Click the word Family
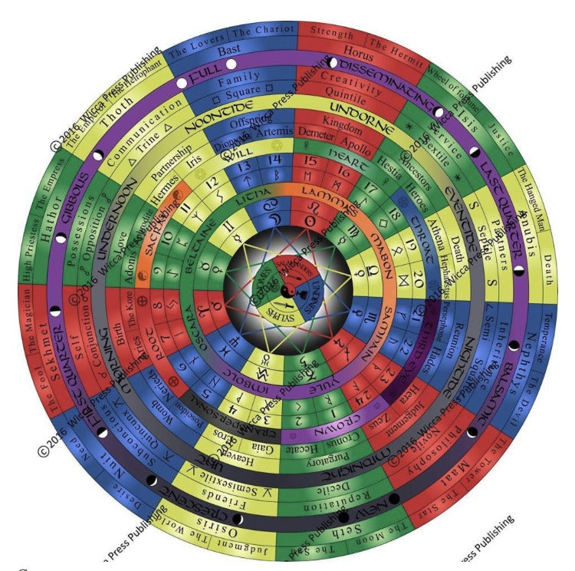coord(238,78)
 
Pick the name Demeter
coord(312,136)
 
